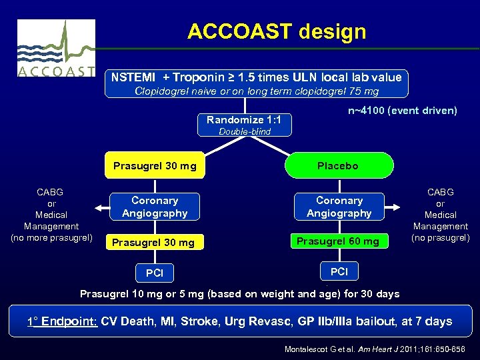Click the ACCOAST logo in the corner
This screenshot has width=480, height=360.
55,48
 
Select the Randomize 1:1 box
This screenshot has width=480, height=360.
243,120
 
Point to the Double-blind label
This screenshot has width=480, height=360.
245,131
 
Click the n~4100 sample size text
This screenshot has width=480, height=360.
402,111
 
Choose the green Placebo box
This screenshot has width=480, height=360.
337,166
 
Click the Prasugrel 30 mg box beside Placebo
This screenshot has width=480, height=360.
155,166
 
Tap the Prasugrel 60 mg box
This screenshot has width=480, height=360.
337,241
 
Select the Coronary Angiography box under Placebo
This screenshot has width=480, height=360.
339,207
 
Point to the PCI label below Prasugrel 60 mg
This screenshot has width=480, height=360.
339,271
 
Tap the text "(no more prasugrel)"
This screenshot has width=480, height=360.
52,237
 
